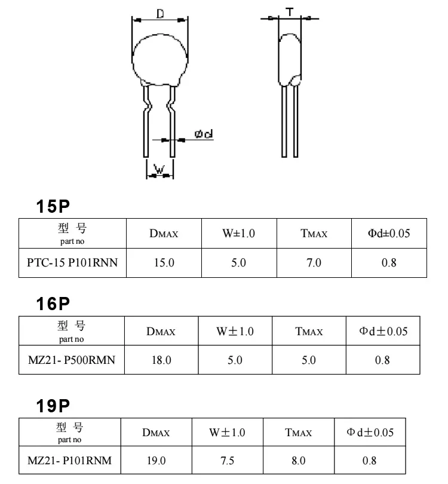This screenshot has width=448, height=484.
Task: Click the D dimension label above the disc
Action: [x=161, y=13]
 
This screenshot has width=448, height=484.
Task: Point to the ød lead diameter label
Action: [x=204, y=134]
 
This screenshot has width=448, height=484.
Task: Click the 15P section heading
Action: [x=53, y=207]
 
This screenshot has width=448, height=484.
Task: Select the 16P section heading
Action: [x=53, y=304]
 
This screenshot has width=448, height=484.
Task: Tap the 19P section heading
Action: [x=53, y=406]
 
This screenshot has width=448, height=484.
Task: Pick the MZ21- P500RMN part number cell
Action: [x=71, y=360]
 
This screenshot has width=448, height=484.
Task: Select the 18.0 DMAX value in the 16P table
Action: [x=161, y=360]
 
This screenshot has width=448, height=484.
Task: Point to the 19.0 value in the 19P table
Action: [x=156, y=461]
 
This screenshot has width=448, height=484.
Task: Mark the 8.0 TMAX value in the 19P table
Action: [x=298, y=461]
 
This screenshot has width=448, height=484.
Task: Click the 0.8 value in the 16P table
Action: [x=382, y=360]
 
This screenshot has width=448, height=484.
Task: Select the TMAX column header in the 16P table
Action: [x=309, y=332]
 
